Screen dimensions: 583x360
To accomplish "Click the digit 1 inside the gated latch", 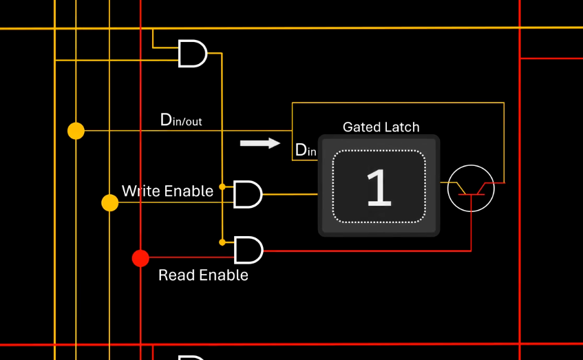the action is tap(379, 187).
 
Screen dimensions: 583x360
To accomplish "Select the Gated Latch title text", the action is tap(381, 127).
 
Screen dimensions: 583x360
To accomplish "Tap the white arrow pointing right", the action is tap(260, 143).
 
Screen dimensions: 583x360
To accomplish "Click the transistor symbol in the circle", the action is tap(471, 188).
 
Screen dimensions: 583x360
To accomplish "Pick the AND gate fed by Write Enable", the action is tap(248, 194).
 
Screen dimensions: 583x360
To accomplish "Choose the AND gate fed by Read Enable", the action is tap(248, 250).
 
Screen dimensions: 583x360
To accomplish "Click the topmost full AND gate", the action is tap(193, 54).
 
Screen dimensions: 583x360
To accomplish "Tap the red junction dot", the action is tap(140, 258).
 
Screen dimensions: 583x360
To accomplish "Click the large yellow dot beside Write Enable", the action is tap(109, 202).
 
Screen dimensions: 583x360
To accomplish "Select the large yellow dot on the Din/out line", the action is tap(76, 131).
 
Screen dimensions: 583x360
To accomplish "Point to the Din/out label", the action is tap(181, 120).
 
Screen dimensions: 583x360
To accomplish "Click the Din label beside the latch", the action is tap(306, 150).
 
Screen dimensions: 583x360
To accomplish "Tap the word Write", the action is tap(141, 191).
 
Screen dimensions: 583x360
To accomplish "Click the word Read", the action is tap(177, 275).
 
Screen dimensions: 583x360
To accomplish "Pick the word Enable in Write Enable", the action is tap(189, 191).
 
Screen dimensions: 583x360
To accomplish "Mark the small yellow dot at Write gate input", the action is tap(222, 187).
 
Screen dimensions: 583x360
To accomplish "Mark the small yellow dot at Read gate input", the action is tap(222, 242).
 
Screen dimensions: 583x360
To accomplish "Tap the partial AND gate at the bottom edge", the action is tap(192, 357).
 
